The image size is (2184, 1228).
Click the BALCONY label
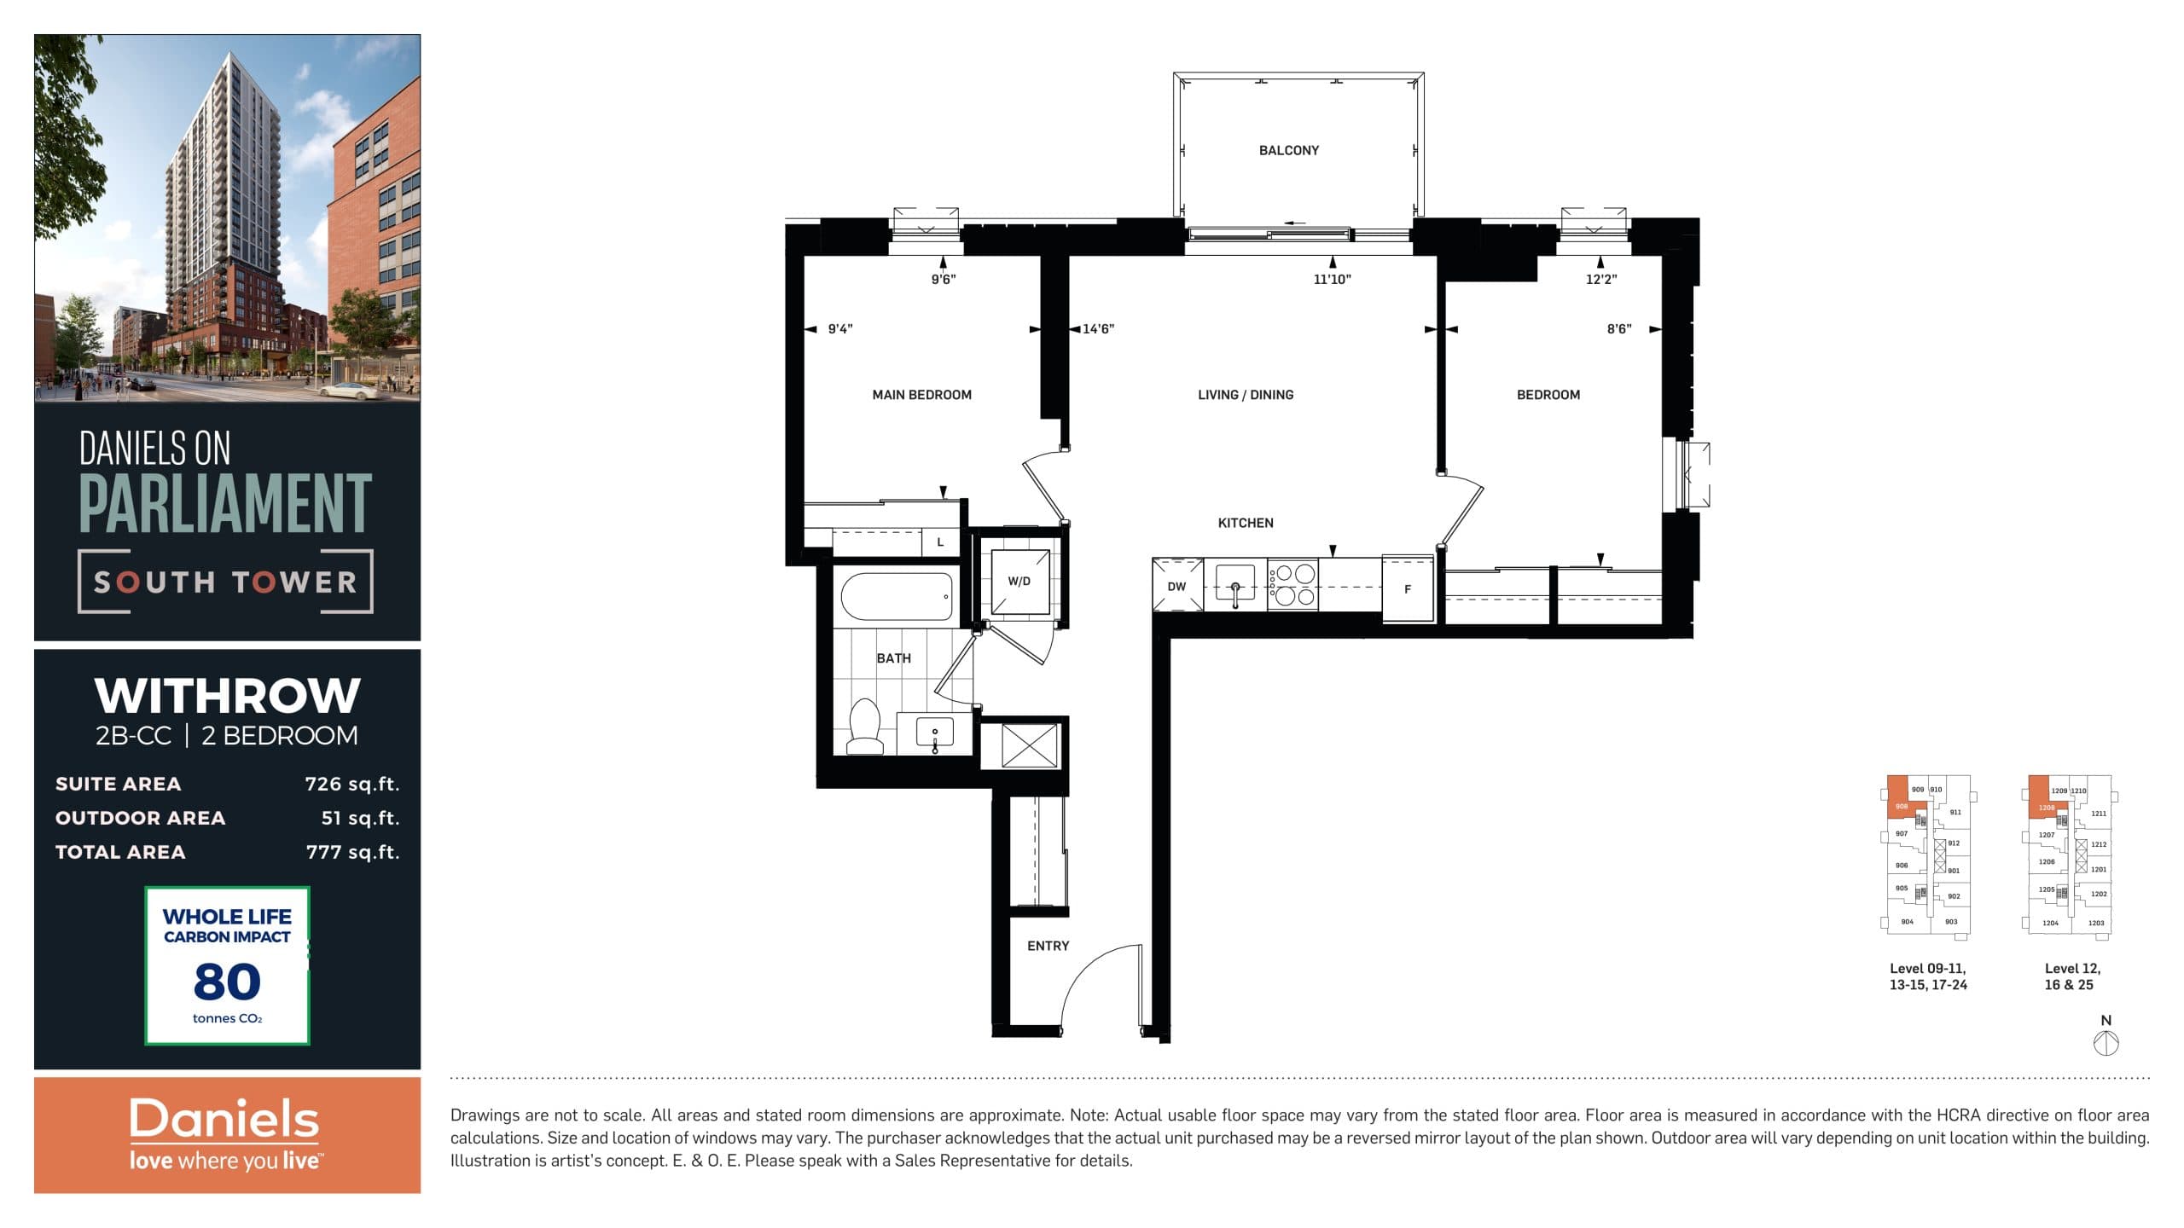[x=1288, y=150]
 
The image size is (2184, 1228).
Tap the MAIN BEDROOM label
[x=921, y=395]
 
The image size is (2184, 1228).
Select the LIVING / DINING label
[x=1245, y=395]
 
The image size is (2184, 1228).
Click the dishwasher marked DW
[x=1176, y=586]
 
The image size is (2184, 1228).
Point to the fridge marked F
[x=1407, y=588]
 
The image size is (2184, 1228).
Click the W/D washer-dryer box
[x=1019, y=582]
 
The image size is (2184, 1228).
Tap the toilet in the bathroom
[x=865, y=729]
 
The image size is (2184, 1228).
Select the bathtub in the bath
[x=897, y=596]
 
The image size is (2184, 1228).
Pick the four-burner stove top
[x=1292, y=585]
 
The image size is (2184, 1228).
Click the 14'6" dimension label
[x=1098, y=329]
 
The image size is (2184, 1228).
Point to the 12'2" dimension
[x=1600, y=279]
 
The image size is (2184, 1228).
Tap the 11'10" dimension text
[x=1332, y=279]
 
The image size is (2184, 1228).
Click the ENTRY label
[x=1048, y=946]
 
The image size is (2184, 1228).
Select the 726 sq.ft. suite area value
[x=351, y=784]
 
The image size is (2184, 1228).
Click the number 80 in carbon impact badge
[x=227, y=982]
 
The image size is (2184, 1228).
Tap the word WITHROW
[x=227, y=696]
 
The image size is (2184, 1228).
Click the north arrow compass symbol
[x=2106, y=1042]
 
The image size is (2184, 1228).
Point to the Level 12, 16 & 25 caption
[x=2072, y=976]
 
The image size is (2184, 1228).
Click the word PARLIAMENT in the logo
[x=225, y=503]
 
